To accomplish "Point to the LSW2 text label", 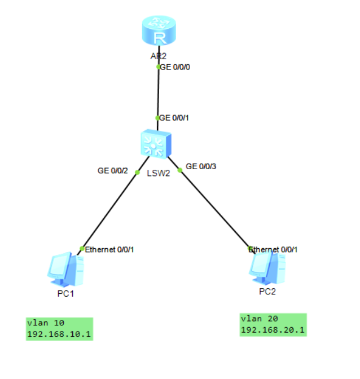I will click(x=159, y=173).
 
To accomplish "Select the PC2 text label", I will click(x=267, y=292).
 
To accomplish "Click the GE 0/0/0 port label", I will click(x=176, y=67).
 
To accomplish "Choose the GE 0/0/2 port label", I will click(x=113, y=170).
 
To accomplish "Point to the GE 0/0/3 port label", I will click(x=201, y=166).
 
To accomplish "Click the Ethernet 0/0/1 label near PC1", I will click(x=109, y=249).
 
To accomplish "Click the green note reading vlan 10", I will click(x=59, y=329).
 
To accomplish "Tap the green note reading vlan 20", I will click(x=273, y=325).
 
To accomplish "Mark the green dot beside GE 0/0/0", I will click(x=159, y=67).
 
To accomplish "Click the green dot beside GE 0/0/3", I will click(x=180, y=170).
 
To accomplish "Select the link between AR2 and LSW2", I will click(x=158, y=93).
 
